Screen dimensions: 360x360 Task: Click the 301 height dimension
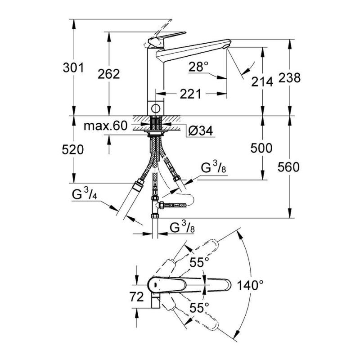(x=73, y=68)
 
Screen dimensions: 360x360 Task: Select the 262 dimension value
(x=109, y=74)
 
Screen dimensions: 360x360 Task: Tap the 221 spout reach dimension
(x=190, y=94)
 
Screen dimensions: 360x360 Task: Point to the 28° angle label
(x=198, y=67)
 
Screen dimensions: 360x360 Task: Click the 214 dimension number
(x=262, y=82)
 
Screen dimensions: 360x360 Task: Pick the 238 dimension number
(x=289, y=77)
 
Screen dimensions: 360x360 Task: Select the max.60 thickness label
(x=105, y=126)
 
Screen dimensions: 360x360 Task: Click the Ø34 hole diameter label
(x=201, y=131)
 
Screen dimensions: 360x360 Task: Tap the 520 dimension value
(x=73, y=150)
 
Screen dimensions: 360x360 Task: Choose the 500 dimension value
(x=261, y=148)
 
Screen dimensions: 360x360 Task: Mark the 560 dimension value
(x=288, y=167)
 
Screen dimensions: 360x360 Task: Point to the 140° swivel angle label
(x=250, y=285)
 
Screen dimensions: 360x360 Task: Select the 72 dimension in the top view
(x=137, y=297)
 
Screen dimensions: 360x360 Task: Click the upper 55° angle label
(x=199, y=262)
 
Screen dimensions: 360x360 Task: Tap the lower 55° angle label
(x=199, y=307)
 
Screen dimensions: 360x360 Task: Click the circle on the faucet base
(x=156, y=108)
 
